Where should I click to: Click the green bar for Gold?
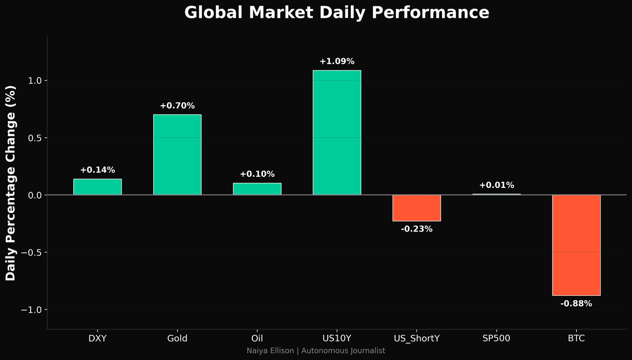pyautogui.click(x=177, y=155)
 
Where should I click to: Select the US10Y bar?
pyautogui.click(x=337, y=133)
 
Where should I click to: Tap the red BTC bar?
pyautogui.click(x=576, y=245)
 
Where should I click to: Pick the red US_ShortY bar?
pyautogui.click(x=417, y=208)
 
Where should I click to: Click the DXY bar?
pyautogui.click(x=97, y=187)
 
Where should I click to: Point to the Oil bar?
pyautogui.click(x=257, y=189)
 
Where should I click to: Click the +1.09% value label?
pyautogui.click(x=337, y=62)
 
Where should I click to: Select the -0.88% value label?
pyautogui.click(x=576, y=304)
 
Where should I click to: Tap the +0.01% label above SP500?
pyautogui.click(x=497, y=185)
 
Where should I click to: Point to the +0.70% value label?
pyautogui.click(x=177, y=106)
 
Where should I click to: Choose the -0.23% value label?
pyautogui.click(x=417, y=229)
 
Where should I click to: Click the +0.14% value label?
pyautogui.click(x=97, y=170)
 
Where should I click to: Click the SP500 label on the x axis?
pyautogui.click(x=497, y=338)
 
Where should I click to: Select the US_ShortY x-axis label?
pyautogui.click(x=417, y=338)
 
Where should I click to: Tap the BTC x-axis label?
pyautogui.click(x=576, y=338)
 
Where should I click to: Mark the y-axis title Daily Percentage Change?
pyautogui.click(x=11, y=183)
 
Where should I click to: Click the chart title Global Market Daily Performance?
pyautogui.click(x=337, y=13)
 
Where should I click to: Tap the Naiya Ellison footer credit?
pyautogui.click(x=316, y=351)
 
